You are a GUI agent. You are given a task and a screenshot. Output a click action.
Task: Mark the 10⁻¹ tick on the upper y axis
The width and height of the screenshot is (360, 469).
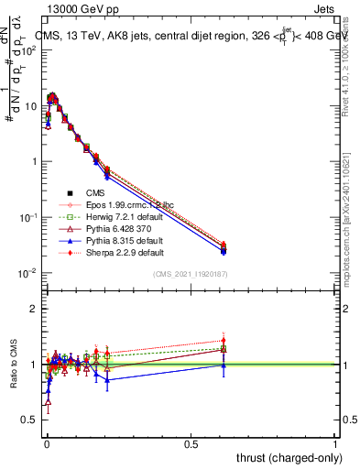[x=29, y=217]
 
